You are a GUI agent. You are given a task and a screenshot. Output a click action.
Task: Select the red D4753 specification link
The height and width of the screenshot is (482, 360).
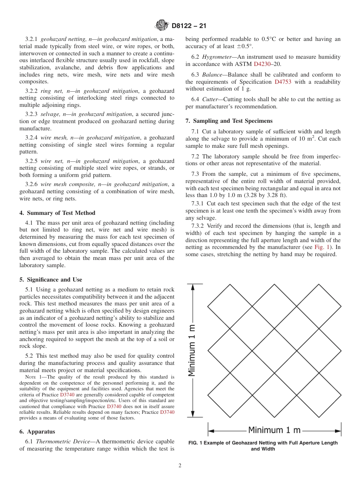(283, 82)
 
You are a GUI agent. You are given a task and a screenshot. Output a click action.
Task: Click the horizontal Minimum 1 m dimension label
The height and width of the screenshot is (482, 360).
(274, 430)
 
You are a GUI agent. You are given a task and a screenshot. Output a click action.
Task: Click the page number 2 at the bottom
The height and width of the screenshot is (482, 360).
(180, 466)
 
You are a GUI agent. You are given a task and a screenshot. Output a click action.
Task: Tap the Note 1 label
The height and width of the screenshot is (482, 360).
(34, 377)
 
